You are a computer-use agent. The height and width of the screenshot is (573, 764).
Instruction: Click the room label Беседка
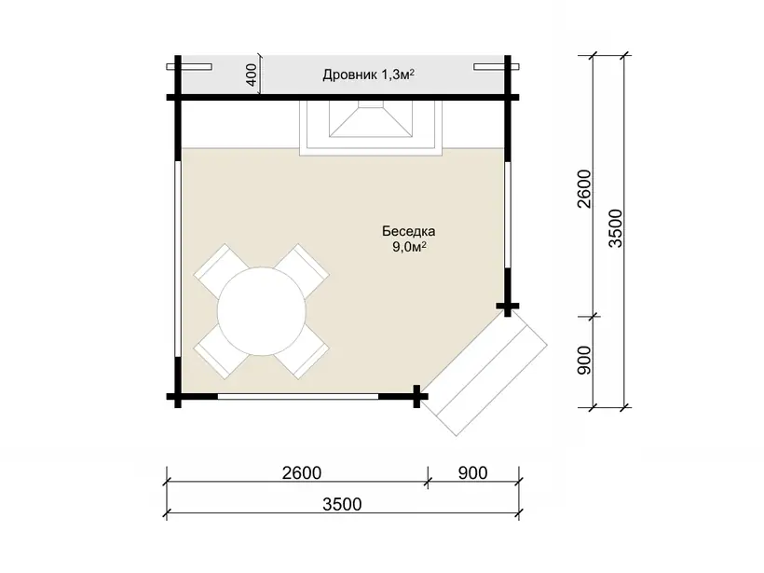(x=408, y=230)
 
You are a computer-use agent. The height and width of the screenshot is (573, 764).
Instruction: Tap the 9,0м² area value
(x=409, y=247)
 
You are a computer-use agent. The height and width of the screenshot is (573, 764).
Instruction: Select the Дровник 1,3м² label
(x=368, y=75)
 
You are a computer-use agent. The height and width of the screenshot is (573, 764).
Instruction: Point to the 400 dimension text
(x=252, y=75)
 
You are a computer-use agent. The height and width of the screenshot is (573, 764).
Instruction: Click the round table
(x=262, y=311)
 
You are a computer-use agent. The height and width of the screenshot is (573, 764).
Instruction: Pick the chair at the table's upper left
(x=217, y=267)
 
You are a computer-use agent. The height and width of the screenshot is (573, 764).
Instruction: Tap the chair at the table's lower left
(x=217, y=354)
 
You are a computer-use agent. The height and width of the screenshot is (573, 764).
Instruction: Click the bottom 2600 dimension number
(x=302, y=472)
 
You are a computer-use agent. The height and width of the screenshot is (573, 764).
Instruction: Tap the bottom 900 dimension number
(x=472, y=472)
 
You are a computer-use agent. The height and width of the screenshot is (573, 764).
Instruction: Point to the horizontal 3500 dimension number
(x=342, y=504)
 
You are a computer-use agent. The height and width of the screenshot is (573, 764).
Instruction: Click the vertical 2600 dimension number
(x=584, y=189)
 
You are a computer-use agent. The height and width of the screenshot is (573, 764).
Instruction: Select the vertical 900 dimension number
(x=584, y=361)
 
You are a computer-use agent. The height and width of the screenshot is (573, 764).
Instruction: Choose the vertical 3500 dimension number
(x=616, y=228)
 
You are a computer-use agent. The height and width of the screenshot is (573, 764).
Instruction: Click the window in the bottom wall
(x=298, y=397)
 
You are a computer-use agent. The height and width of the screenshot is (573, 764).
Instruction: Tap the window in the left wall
(x=178, y=259)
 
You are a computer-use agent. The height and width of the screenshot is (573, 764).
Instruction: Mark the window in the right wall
(x=508, y=215)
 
